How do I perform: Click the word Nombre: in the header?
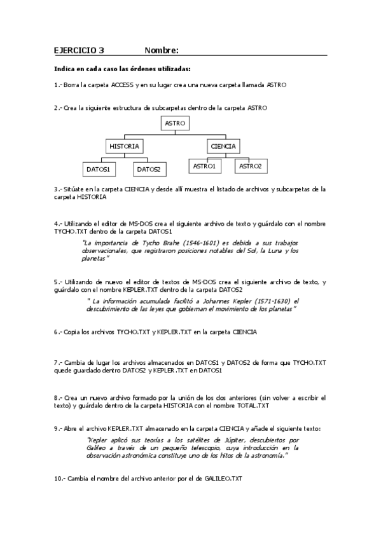tap(161, 50)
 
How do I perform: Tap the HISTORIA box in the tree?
tap(124, 146)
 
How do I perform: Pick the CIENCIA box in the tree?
tap(223, 146)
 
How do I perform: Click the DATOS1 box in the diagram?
tap(99, 169)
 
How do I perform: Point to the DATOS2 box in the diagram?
tap(148, 169)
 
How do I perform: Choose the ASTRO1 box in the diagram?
tap(204, 166)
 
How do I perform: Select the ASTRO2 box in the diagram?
tap(249, 166)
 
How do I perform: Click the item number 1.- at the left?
tap(57, 85)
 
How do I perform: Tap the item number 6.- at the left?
tap(58, 332)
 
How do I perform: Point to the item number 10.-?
tap(60, 477)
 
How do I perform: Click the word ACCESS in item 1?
tap(121, 85)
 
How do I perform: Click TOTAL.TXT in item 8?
tap(254, 405)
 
